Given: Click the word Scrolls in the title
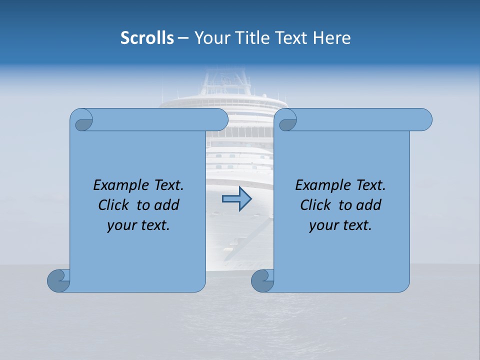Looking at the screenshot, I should [147, 38].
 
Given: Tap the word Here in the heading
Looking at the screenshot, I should [332, 38].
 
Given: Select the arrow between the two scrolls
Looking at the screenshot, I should [236, 199].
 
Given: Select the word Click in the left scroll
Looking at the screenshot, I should [113, 205].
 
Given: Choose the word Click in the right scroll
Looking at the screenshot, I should [315, 205].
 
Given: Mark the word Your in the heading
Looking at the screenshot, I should [209, 38].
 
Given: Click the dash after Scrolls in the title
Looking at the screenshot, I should [183, 38].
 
